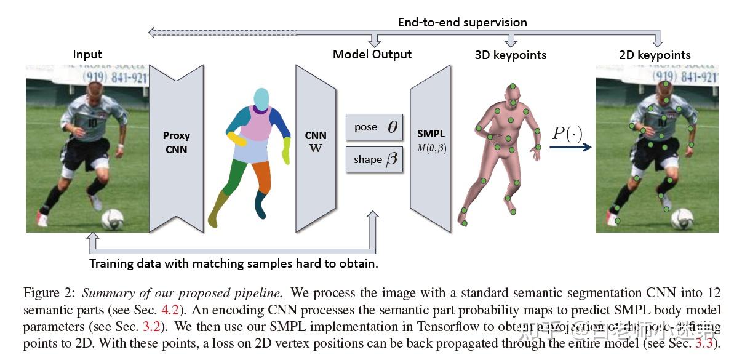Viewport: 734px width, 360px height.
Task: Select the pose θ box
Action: [374, 127]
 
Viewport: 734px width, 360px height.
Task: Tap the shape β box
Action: [374, 159]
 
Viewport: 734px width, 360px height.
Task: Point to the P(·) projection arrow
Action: [570, 146]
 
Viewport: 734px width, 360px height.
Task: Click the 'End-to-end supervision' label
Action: [462, 22]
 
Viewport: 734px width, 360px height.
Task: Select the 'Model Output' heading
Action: [372, 54]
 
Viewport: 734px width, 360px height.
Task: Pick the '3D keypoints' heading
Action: [510, 55]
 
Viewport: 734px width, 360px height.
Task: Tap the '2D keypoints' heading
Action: [655, 55]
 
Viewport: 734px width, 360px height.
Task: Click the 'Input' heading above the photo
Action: [87, 54]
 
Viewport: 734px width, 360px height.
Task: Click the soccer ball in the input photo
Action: [112, 218]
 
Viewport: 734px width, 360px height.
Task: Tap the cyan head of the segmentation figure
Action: [261, 98]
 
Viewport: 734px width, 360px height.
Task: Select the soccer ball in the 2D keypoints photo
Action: [682, 218]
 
